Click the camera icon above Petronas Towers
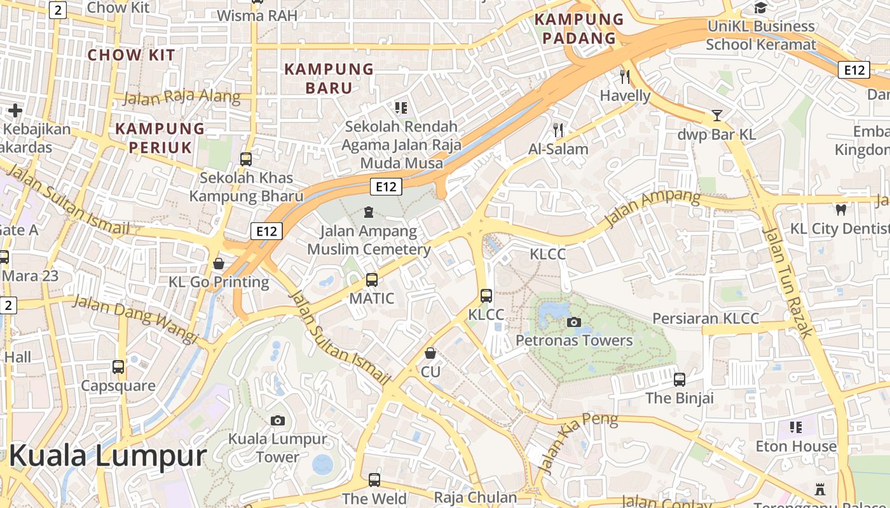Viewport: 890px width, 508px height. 573,322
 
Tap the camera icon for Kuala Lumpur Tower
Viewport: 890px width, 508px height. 277,420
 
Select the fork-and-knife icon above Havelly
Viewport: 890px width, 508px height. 625,77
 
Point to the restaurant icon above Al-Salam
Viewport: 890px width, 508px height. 558,130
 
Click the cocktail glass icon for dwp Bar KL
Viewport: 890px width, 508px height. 717,116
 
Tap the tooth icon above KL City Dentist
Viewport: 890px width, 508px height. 840,210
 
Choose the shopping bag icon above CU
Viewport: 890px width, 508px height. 430,352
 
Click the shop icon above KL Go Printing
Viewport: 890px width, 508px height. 219,263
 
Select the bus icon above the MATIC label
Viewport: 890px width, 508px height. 372,279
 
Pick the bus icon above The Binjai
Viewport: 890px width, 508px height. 680,380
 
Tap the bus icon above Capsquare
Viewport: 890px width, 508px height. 118,366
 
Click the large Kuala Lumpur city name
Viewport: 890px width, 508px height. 108,456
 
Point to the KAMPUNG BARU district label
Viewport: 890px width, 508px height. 329,78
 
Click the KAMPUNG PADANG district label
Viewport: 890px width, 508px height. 578,29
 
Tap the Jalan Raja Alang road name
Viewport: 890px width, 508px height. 182,98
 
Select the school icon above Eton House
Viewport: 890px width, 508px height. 795,427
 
